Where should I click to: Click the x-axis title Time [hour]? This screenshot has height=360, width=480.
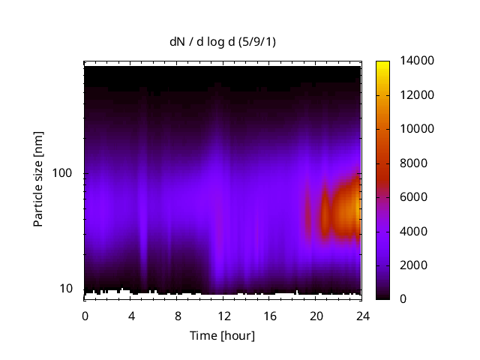[221, 335]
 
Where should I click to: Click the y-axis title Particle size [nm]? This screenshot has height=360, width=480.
[38, 180]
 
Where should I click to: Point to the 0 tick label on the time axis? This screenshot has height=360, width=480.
[85, 316]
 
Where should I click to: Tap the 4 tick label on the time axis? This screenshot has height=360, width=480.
[131, 316]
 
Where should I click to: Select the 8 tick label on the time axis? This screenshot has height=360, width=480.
[178, 316]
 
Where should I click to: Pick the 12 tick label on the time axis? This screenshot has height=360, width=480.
[223, 316]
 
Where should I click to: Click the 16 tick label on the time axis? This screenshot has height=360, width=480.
[270, 316]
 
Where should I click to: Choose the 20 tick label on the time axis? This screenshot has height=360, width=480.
[316, 316]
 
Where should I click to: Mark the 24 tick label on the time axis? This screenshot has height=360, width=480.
[362, 316]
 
